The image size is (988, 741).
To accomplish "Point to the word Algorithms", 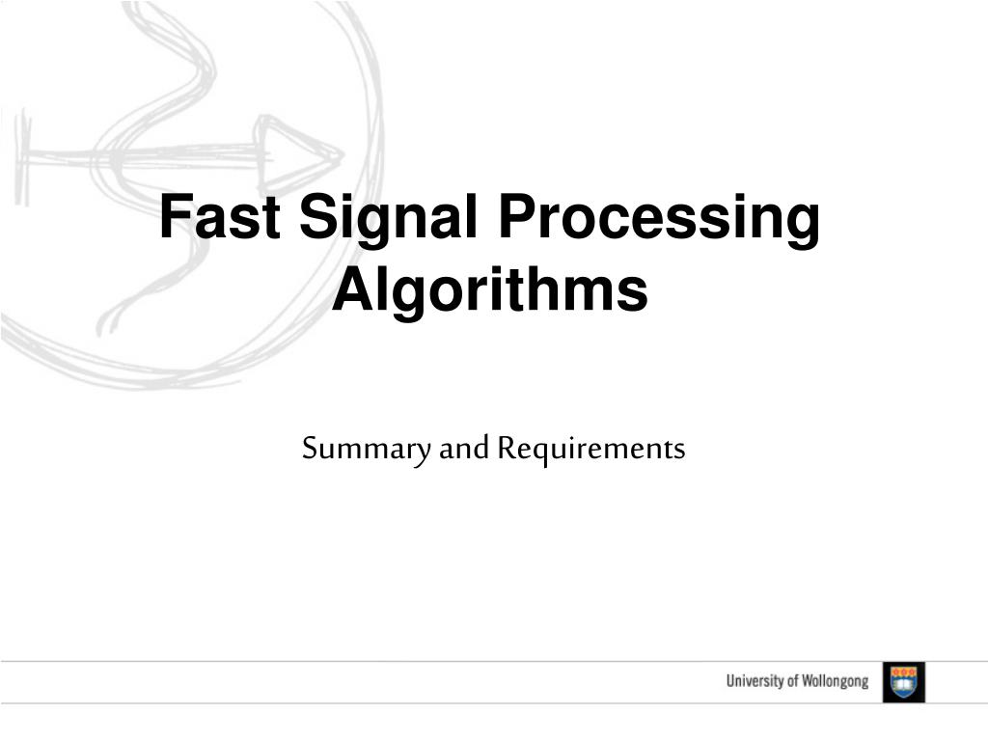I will tap(490, 290).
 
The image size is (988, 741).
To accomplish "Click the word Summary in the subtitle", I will tap(367, 450).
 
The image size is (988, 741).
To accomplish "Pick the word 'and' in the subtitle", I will tap(465, 449).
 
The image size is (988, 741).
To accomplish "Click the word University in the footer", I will tap(755, 682).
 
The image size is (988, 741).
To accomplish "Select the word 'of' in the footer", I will tap(792, 682).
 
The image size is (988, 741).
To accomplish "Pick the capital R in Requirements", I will tap(508, 449).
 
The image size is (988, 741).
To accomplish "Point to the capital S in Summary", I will tap(310, 449).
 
